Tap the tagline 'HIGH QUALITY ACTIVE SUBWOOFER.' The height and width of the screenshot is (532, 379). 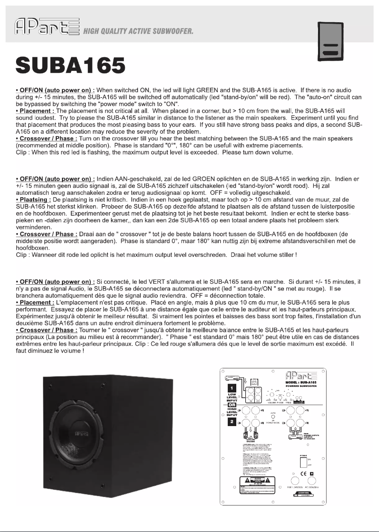tap(139, 32)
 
